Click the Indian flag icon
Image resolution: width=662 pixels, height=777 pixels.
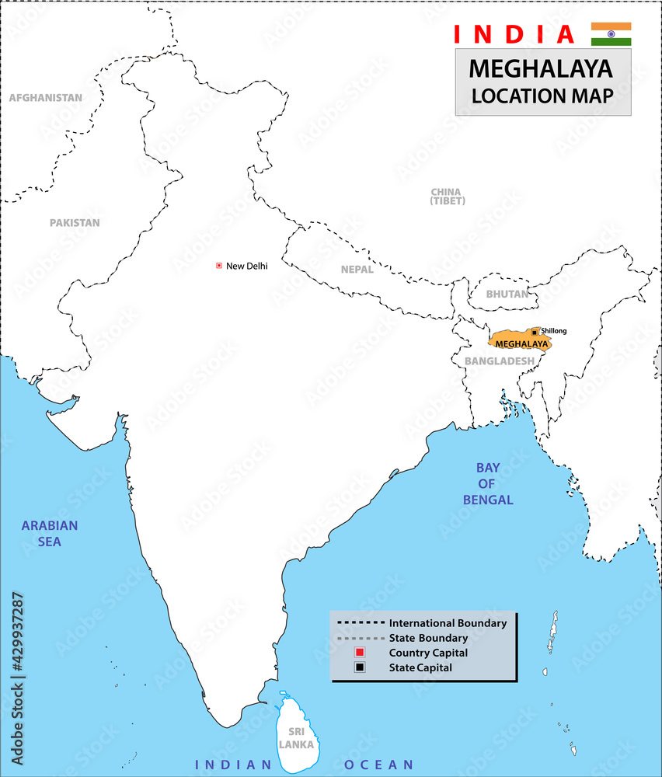click(611, 34)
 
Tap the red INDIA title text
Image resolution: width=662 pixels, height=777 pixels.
click(514, 34)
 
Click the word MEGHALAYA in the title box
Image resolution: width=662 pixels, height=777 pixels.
click(541, 69)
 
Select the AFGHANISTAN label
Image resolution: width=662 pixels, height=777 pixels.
click(45, 98)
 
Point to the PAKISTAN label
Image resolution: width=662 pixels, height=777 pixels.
click(75, 223)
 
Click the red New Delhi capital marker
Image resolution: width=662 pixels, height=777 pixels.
click(219, 266)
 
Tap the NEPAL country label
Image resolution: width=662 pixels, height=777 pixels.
click(357, 270)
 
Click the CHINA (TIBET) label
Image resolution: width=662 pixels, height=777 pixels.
click(447, 197)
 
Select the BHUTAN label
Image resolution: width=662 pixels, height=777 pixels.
click(507, 294)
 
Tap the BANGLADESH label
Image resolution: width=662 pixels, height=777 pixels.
click(499, 361)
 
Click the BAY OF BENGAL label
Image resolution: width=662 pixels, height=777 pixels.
click(488, 484)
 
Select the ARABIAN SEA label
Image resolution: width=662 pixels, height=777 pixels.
click(50, 533)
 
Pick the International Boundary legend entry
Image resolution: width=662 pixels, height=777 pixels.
click(448, 623)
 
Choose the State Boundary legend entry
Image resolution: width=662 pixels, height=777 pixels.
click(428, 638)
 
